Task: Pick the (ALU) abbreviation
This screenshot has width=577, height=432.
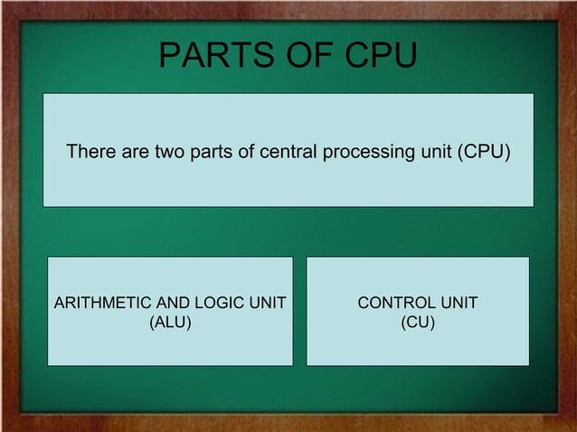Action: pyautogui.click(x=170, y=320)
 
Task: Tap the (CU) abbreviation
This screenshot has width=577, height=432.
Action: pyautogui.click(x=418, y=320)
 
